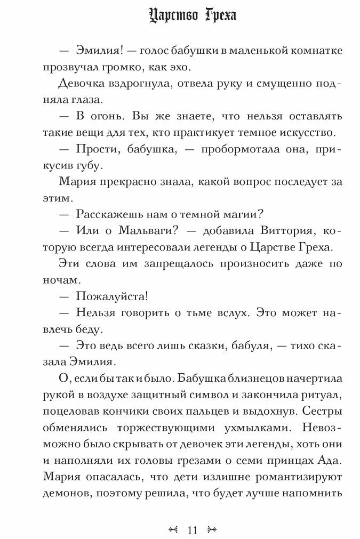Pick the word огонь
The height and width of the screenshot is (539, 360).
pos(103,116)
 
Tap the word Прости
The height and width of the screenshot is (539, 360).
pos(98,150)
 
